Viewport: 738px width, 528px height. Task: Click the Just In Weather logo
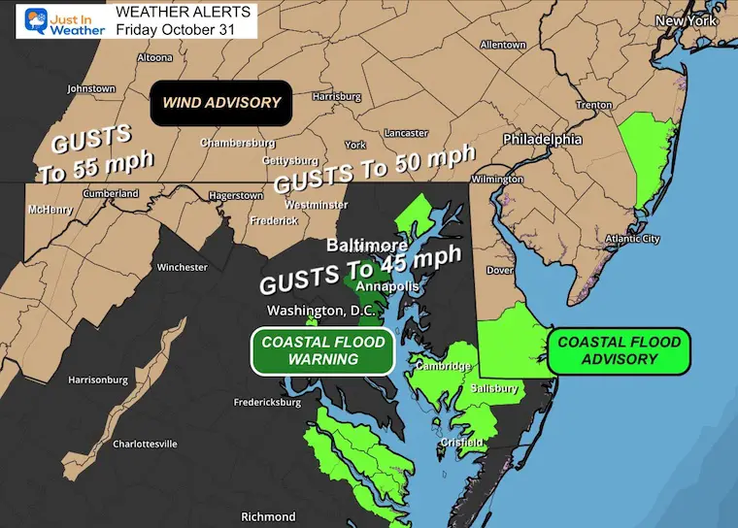tap(56, 21)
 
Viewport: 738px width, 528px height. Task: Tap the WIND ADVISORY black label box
tap(221, 103)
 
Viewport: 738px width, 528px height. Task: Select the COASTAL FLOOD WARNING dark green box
tap(323, 350)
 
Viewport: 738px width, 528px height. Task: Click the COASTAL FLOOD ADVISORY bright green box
tap(619, 350)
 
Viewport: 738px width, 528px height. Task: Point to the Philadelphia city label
tap(542, 140)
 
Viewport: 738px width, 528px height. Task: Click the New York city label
tap(685, 20)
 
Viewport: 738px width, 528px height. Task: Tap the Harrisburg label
tap(337, 97)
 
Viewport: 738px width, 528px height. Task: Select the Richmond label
tap(268, 516)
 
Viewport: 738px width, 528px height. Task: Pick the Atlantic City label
tap(632, 239)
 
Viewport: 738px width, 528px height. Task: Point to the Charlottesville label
tap(145, 444)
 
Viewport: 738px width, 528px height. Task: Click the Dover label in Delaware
tap(499, 271)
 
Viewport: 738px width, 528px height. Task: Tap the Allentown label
tap(502, 45)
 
